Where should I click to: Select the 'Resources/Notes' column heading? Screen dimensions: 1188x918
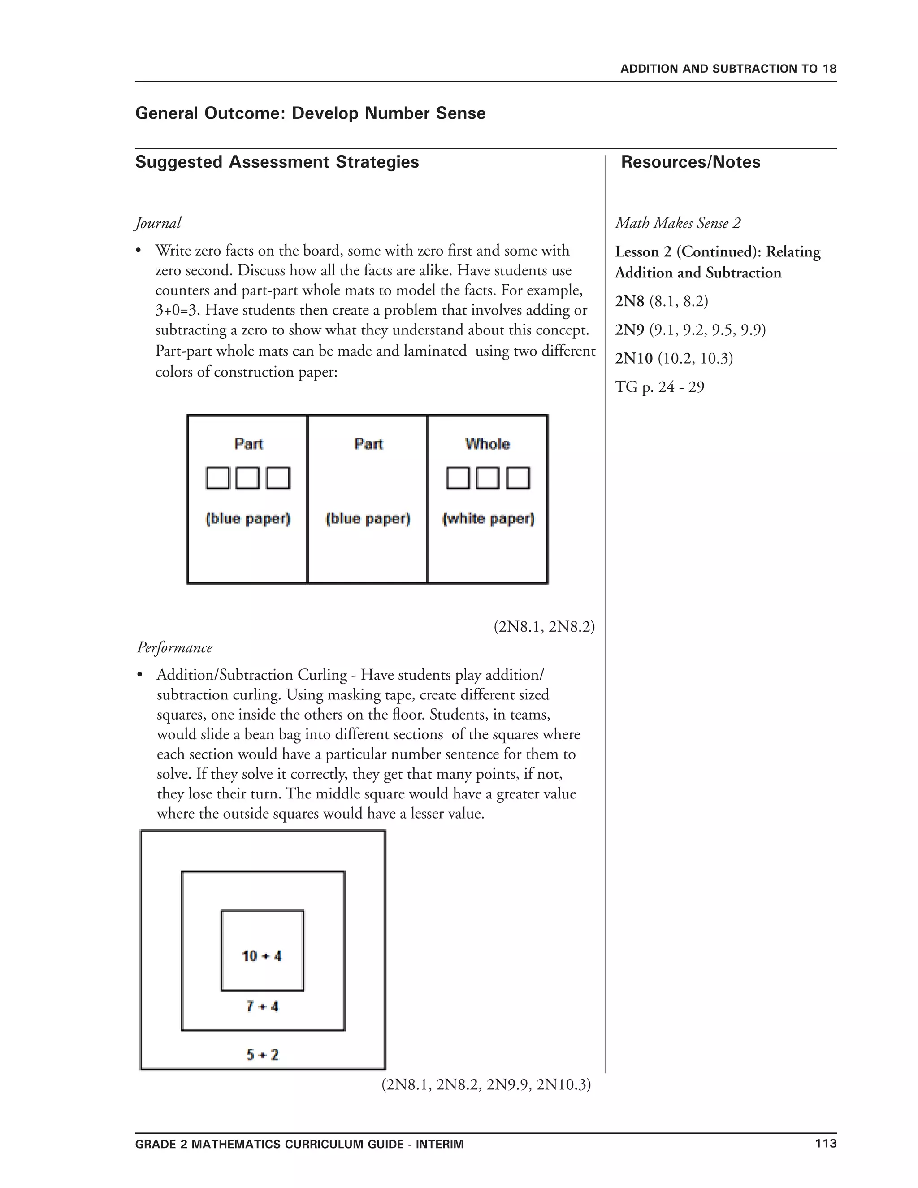690,162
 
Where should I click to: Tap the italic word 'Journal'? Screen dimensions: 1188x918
158,223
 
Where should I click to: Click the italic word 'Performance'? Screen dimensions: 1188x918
174,647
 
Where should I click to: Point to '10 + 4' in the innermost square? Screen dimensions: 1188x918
262,956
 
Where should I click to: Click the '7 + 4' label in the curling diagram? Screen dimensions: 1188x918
262,1006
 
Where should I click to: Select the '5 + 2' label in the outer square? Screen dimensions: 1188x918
262,1055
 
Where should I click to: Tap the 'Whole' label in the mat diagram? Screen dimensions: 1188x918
487,444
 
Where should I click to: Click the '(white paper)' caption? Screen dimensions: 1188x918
488,518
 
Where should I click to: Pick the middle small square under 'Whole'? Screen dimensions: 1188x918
487,478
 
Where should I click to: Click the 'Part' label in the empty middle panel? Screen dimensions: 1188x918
368,444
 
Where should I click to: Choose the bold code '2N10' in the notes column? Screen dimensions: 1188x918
633,359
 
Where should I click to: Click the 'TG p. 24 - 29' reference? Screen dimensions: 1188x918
659,387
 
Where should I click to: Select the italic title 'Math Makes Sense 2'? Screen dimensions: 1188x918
678,223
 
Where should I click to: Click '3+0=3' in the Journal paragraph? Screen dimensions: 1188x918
176,311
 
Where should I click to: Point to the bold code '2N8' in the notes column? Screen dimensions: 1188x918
629,301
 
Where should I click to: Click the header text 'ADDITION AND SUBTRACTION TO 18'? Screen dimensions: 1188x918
728,69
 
